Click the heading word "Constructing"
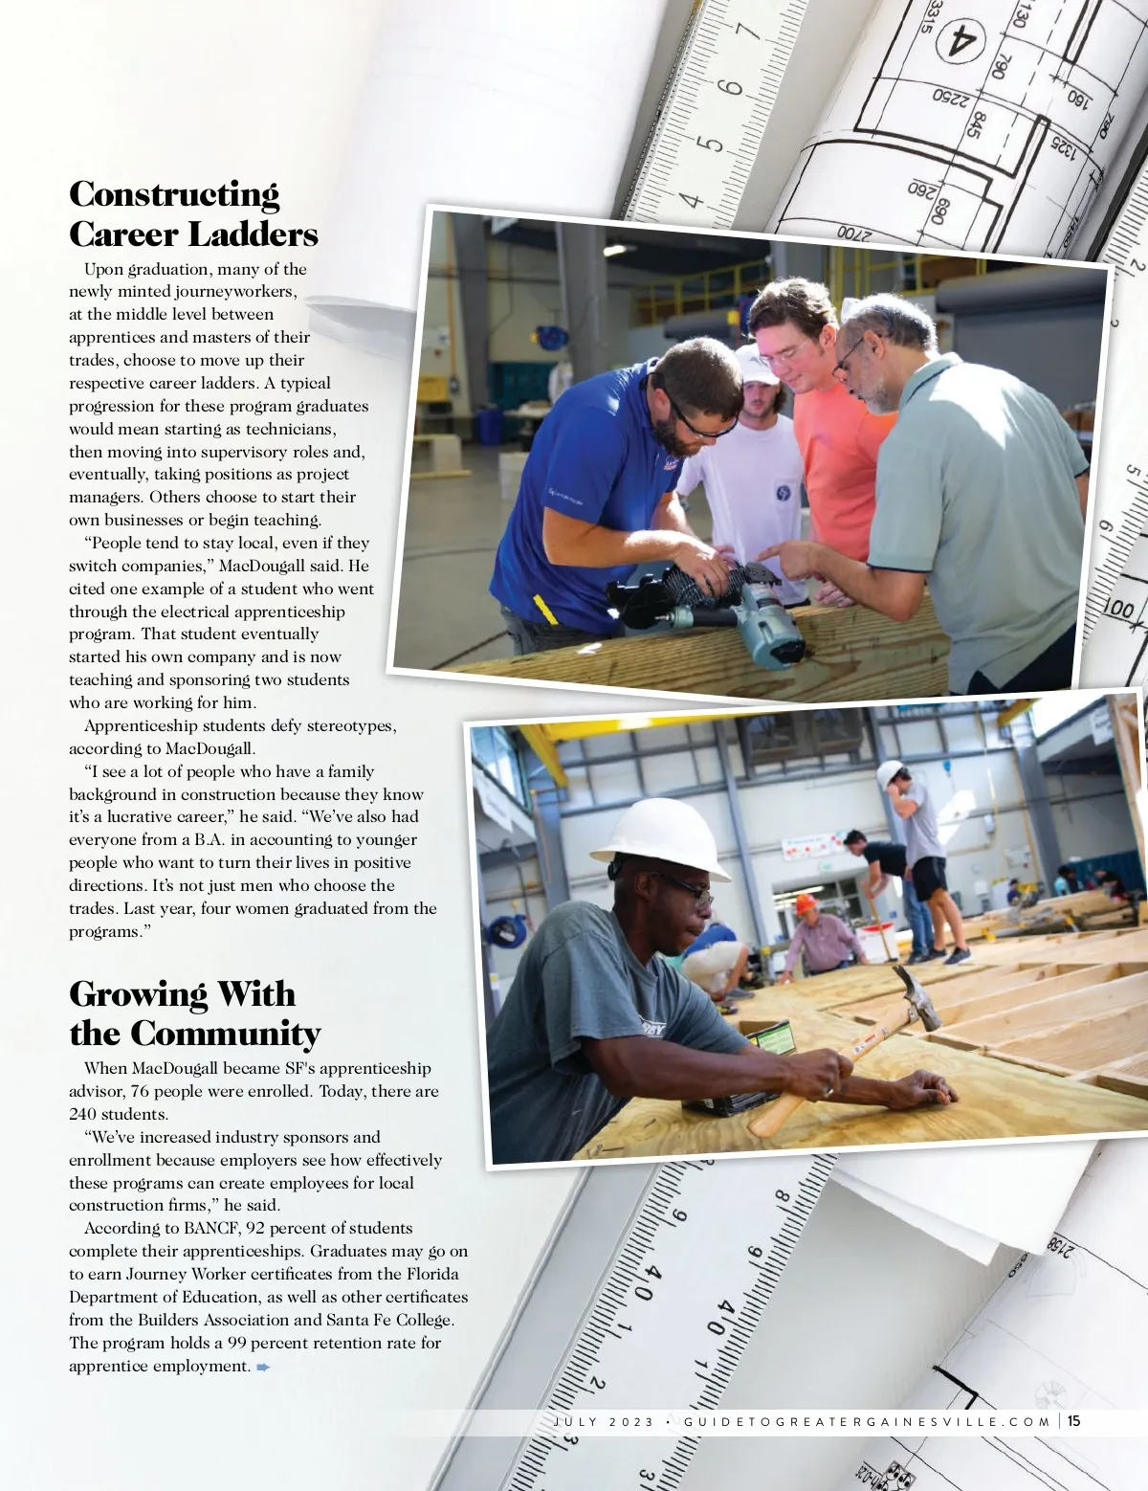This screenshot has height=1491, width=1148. pos(174,194)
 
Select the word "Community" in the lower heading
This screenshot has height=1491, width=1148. pos(225,1035)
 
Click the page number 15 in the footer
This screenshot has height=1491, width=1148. pos(1073,1421)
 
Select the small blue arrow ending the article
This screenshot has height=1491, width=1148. pos(263,1367)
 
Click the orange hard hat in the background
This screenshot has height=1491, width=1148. pos(806,903)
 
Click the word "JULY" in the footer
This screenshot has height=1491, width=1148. pos(576,1422)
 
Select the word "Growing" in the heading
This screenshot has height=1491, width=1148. pos(138,994)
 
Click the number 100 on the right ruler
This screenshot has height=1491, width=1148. pos(1118,609)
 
